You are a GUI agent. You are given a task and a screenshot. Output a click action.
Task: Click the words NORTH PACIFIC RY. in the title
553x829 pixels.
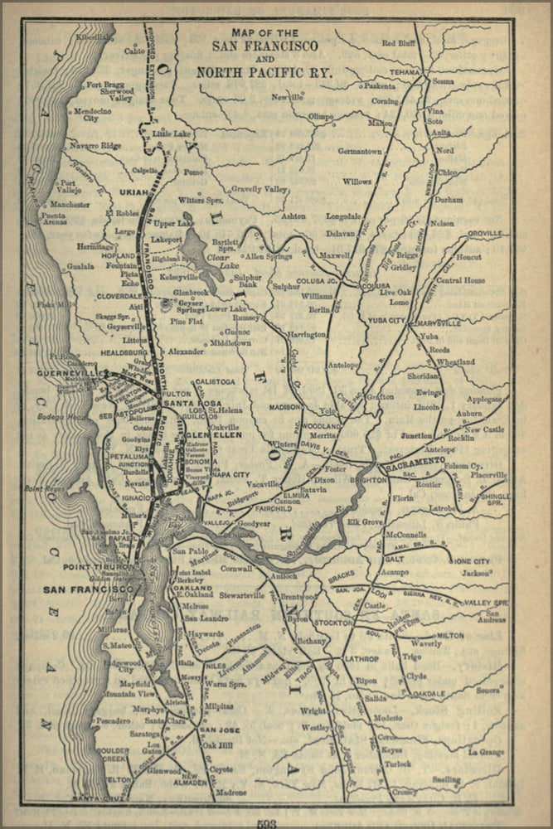click(x=271, y=73)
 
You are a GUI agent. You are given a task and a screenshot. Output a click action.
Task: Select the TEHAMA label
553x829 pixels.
click(x=405, y=72)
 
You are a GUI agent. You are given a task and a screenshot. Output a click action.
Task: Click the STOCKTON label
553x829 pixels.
click(x=335, y=622)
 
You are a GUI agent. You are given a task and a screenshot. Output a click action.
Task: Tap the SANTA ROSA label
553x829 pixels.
click(x=190, y=403)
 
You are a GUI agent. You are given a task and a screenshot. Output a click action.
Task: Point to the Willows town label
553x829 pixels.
click(x=357, y=181)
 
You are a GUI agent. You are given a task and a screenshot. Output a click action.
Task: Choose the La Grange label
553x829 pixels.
click(x=486, y=752)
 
